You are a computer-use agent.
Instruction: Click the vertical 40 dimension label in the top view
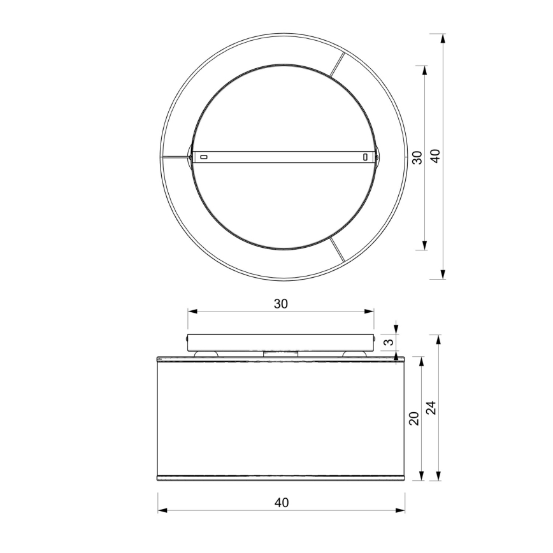436,156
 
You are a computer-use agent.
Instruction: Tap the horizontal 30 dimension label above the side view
280,304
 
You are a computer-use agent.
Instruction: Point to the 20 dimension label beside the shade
413,419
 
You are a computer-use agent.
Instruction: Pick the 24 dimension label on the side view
431,408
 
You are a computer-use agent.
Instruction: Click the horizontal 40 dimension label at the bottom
281,503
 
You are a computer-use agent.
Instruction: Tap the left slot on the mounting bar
204,156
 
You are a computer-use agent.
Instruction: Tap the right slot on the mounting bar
365,156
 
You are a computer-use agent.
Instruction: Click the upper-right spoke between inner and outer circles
338,65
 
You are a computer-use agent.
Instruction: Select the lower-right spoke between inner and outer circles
338,250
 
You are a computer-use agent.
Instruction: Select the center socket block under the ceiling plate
280,352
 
